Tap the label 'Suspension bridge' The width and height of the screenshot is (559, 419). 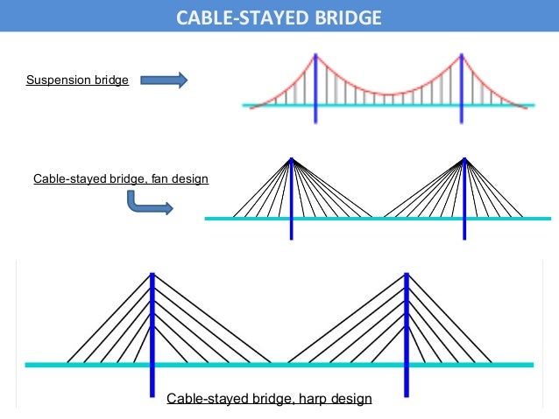coord(77,80)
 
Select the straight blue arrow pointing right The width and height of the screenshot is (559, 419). coord(165,80)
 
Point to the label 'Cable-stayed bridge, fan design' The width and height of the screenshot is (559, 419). coord(121,178)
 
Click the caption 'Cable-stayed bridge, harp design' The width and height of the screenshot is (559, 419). coord(269,399)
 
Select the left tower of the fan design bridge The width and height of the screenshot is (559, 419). coord(291,201)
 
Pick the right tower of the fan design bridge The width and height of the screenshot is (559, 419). coord(464,201)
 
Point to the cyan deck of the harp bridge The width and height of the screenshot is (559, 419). coord(280,364)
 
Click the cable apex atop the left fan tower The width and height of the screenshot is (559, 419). coord(291,159)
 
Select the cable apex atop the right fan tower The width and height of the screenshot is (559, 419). coord(464,159)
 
